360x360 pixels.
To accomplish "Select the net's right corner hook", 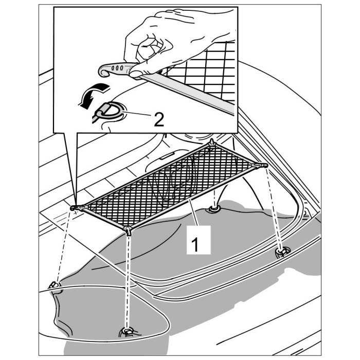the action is (263, 165).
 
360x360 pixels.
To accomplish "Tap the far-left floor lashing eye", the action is (54, 286).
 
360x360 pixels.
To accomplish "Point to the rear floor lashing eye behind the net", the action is (213, 209).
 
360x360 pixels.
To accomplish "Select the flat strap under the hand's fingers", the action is (195, 93).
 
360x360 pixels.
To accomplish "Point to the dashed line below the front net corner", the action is (127, 278).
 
